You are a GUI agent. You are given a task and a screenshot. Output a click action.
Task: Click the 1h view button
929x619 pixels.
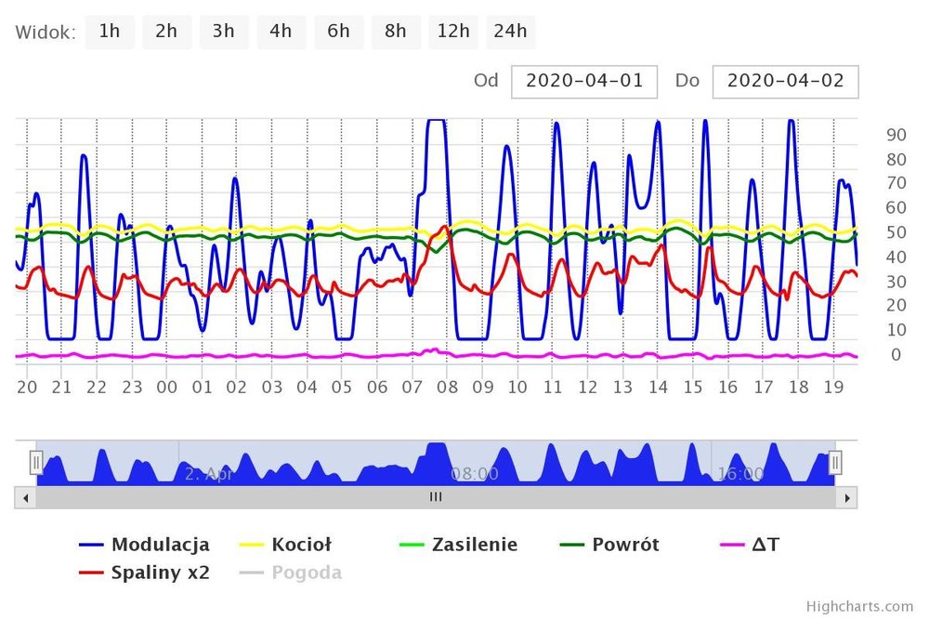[x=110, y=32]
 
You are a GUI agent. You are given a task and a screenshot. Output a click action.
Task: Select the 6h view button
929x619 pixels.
[x=338, y=32]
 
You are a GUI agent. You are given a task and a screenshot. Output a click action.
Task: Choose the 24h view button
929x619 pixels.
[x=510, y=32]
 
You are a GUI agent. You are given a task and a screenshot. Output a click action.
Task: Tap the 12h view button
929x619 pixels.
[x=452, y=32]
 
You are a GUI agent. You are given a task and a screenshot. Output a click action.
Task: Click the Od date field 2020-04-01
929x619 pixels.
[x=584, y=81]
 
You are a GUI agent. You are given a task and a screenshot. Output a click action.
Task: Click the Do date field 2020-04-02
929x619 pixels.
[x=785, y=81]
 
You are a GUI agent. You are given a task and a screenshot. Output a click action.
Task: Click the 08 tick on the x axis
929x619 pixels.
[x=447, y=388]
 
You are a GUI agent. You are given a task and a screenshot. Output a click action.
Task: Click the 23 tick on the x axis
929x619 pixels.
[x=132, y=388]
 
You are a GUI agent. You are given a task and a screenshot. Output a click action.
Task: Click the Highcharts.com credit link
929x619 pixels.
[x=859, y=606]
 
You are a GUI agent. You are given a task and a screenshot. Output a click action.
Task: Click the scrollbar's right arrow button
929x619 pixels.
[x=845, y=497]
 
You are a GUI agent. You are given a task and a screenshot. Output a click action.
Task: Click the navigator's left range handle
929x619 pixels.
[x=36, y=461]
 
